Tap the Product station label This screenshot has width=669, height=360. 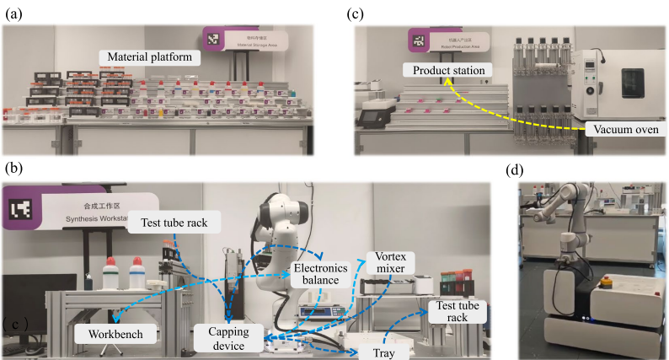446,69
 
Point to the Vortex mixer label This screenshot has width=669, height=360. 385,261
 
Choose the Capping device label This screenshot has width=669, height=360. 226,338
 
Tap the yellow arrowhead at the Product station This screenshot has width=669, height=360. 444,83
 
